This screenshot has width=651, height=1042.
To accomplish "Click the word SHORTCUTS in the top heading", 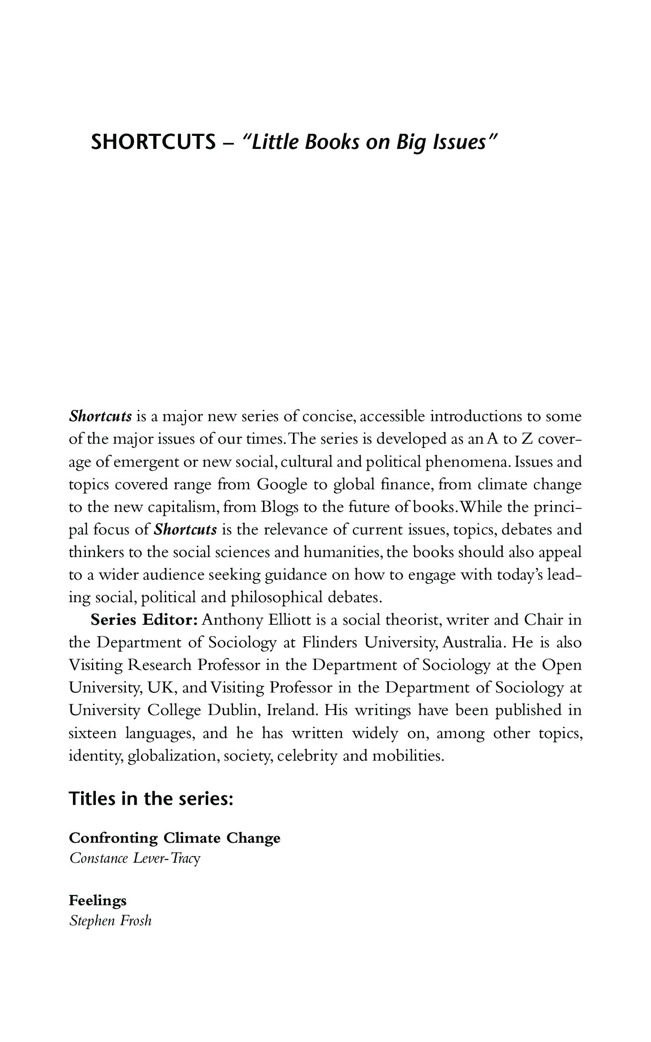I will [x=153, y=142].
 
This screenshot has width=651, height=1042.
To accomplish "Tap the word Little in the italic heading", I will [x=273, y=142].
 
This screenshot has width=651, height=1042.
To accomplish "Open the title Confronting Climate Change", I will [x=174, y=838].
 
